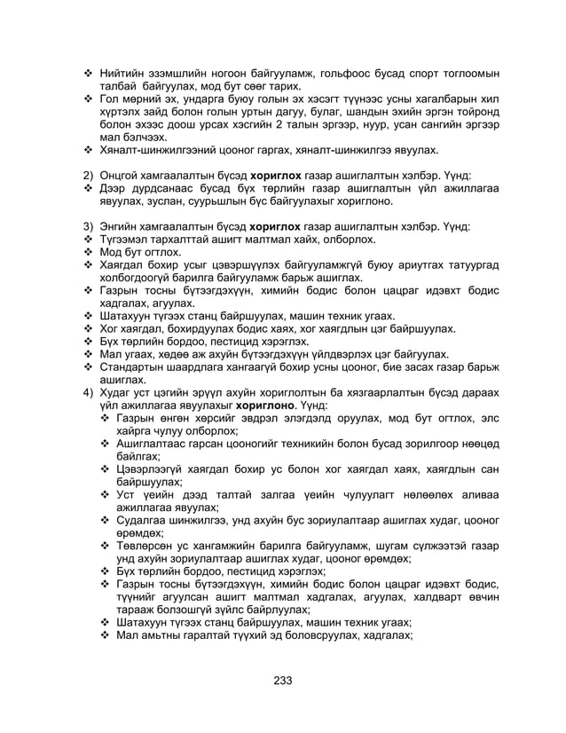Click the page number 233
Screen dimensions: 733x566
(x=282, y=681)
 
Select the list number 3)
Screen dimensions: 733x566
(x=89, y=226)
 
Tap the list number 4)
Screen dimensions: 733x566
(x=89, y=391)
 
